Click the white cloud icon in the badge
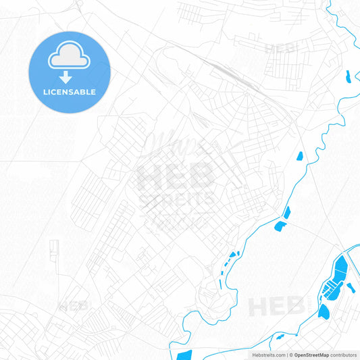[69, 59]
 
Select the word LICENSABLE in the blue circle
[69, 92]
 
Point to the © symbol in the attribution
[290, 355]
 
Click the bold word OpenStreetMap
[311, 355]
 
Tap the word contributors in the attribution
[344, 355]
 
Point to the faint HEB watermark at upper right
[278, 49]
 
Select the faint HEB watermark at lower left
[74, 306]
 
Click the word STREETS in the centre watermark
[177, 199]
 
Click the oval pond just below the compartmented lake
[324, 311]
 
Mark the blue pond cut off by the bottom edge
[182, 355]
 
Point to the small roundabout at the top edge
[79, 3]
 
